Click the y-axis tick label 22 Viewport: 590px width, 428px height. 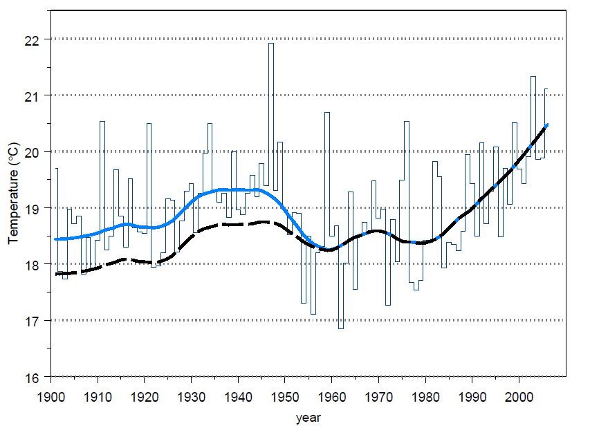click(32, 39)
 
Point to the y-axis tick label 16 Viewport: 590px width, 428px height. click(32, 378)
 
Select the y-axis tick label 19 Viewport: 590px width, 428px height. click(32, 208)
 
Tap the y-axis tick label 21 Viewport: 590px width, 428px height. click(32, 95)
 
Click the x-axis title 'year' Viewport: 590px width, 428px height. click(308, 418)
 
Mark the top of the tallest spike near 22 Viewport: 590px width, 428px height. click(270, 44)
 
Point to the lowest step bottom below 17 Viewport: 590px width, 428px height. click(341, 328)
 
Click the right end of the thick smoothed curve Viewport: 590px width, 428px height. click(547, 124)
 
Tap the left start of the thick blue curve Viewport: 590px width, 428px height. click(55, 239)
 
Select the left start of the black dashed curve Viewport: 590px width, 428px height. click(55, 274)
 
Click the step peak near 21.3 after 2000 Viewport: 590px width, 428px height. click(533, 77)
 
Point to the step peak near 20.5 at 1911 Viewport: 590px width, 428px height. click(102, 122)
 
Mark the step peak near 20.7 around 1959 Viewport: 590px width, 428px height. click(327, 113)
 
